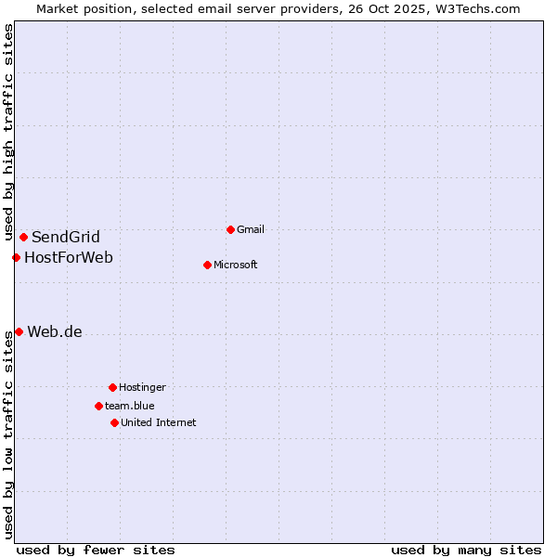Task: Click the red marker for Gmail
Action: pos(230,229)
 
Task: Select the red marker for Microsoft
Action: pos(207,265)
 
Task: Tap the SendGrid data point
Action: pos(23,237)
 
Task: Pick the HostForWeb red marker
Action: pos(16,257)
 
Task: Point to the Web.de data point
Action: pos(19,331)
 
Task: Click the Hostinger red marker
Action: pos(112,387)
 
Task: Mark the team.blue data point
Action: pos(98,406)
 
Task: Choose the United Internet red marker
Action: pos(114,422)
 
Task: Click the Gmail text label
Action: pos(251,229)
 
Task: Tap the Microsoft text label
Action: pos(236,265)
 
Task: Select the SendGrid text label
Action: pos(66,237)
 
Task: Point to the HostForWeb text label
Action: pos(69,257)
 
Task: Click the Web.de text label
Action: pos(55,332)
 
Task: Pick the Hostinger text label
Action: pos(142,387)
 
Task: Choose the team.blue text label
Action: pos(130,406)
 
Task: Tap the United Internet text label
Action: pos(159,422)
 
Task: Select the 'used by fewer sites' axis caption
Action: pos(96,550)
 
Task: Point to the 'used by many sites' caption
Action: pos(466,550)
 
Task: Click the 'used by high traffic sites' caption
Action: pos(8,133)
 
